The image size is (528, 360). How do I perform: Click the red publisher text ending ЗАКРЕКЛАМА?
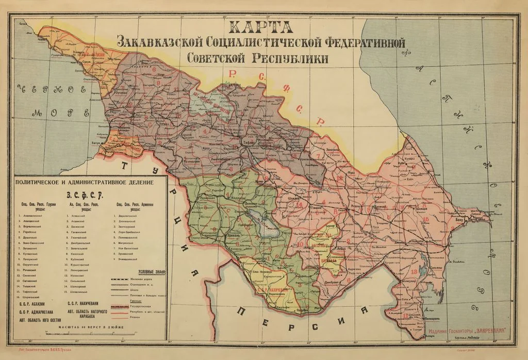point(467,330)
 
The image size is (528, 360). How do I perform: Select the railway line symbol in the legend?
point(123,279)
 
